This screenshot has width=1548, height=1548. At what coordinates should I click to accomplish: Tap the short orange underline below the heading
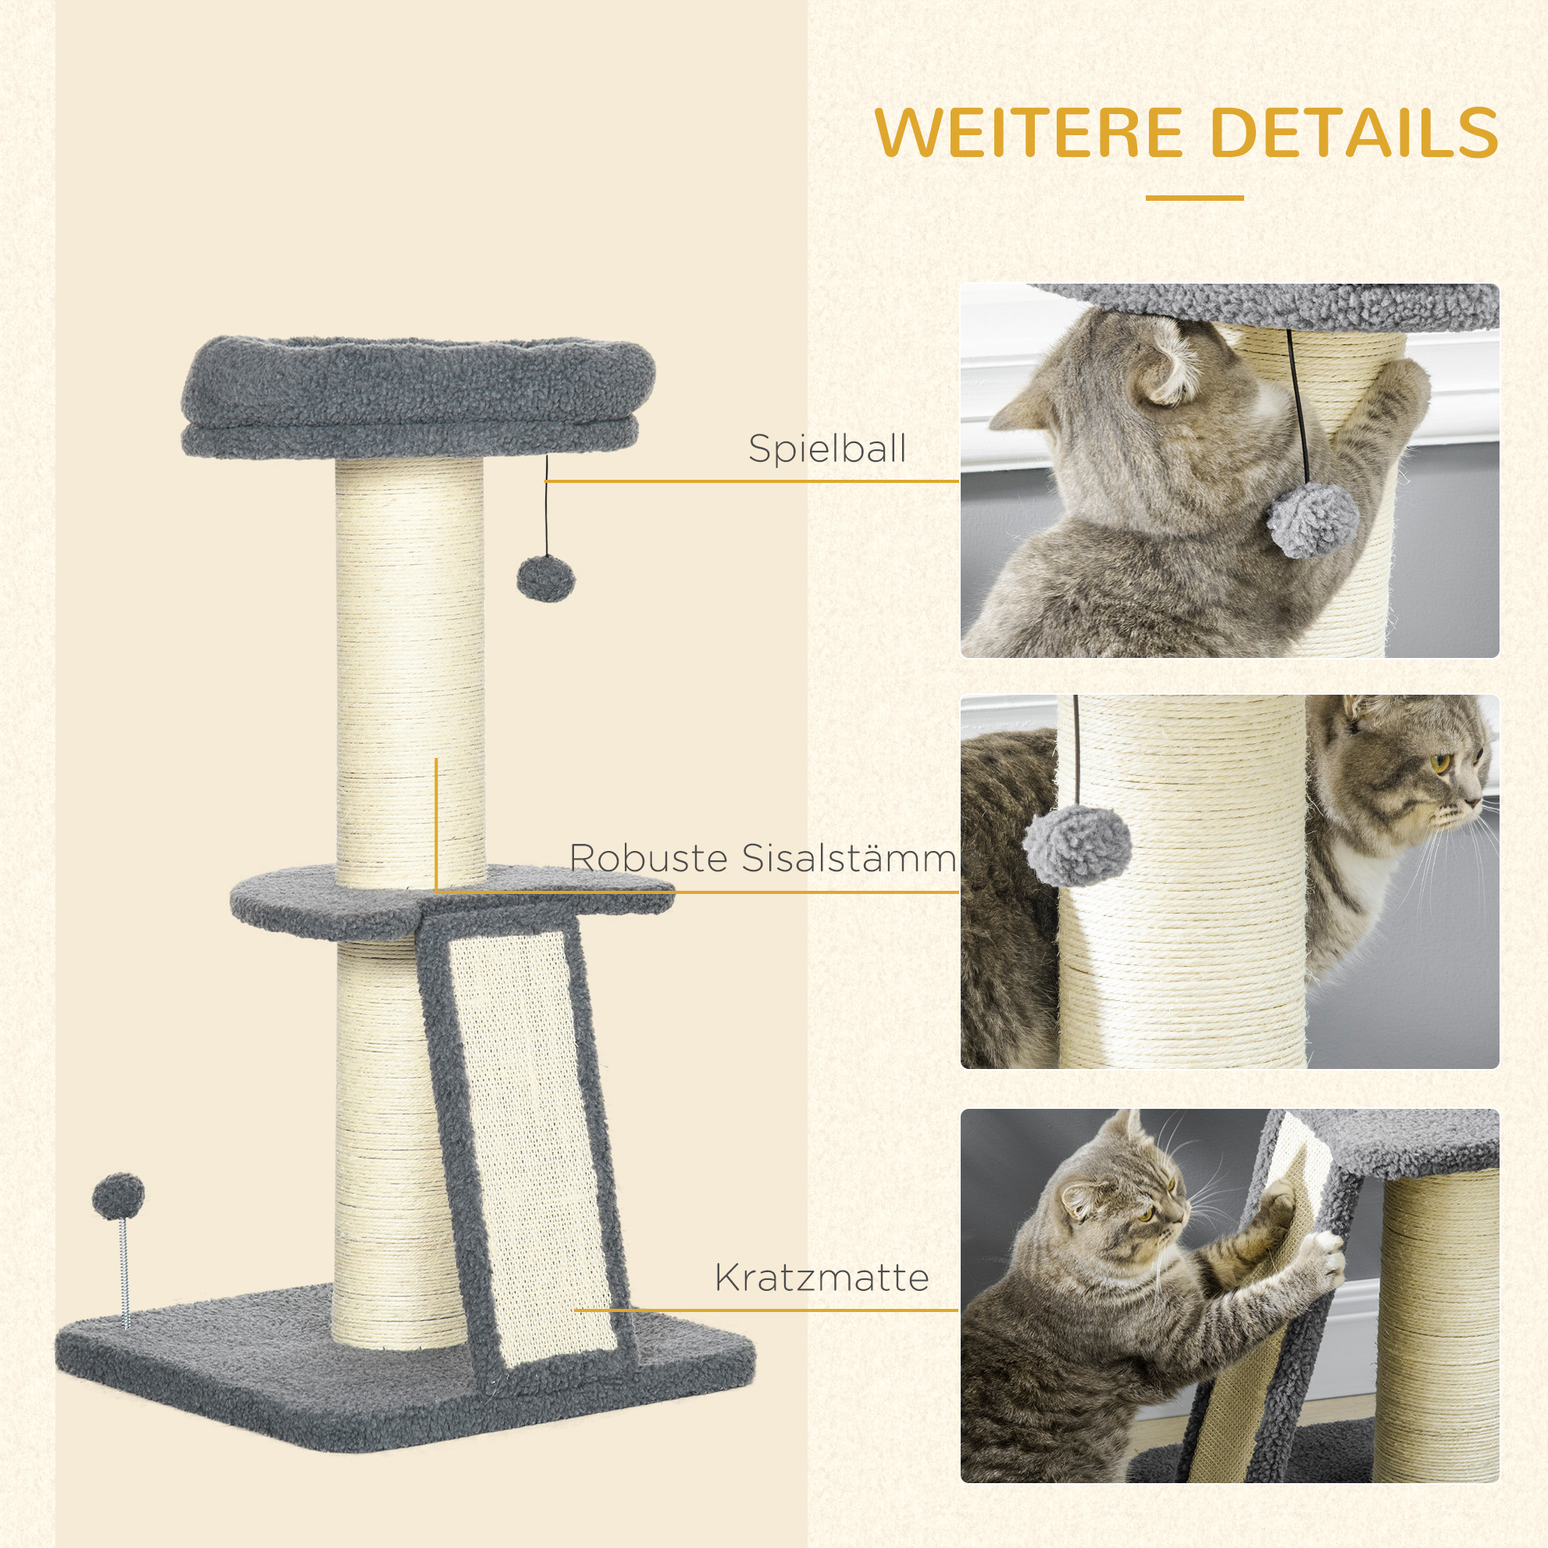1194,198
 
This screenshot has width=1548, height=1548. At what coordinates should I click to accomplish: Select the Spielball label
828,449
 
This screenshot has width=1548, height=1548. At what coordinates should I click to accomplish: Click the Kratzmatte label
822,1278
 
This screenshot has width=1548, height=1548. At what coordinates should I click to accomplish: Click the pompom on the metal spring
119,1196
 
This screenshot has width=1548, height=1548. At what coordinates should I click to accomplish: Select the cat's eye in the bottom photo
1147,1235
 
